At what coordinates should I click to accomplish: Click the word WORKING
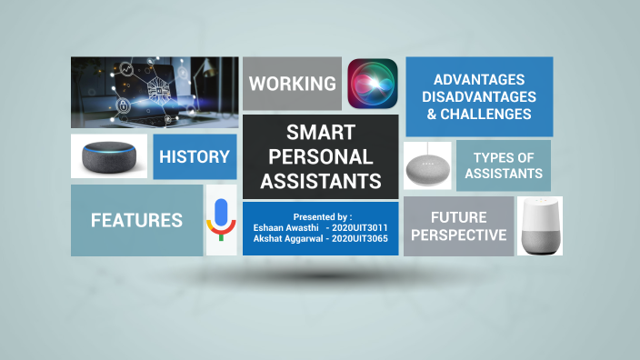(x=293, y=84)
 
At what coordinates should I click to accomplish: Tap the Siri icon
(x=373, y=84)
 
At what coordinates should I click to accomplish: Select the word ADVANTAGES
(x=479, y=79)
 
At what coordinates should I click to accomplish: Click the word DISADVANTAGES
(x=479, y=96)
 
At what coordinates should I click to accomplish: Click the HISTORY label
(x=195, y=156)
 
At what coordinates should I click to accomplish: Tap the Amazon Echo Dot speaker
(x=109, y=156)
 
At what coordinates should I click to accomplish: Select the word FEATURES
(x=136, y=220)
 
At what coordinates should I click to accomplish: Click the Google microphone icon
(x=220, y=219)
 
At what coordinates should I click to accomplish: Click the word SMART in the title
(x=321, y=133)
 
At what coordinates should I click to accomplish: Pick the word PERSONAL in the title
(x=321, y=156)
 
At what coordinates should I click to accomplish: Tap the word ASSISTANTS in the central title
(x=321, y=180)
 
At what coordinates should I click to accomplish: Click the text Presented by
(x=322, y=217)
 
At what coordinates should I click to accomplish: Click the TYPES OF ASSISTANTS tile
(x=503, y=165)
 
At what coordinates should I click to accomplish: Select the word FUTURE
(x=458, y=217)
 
